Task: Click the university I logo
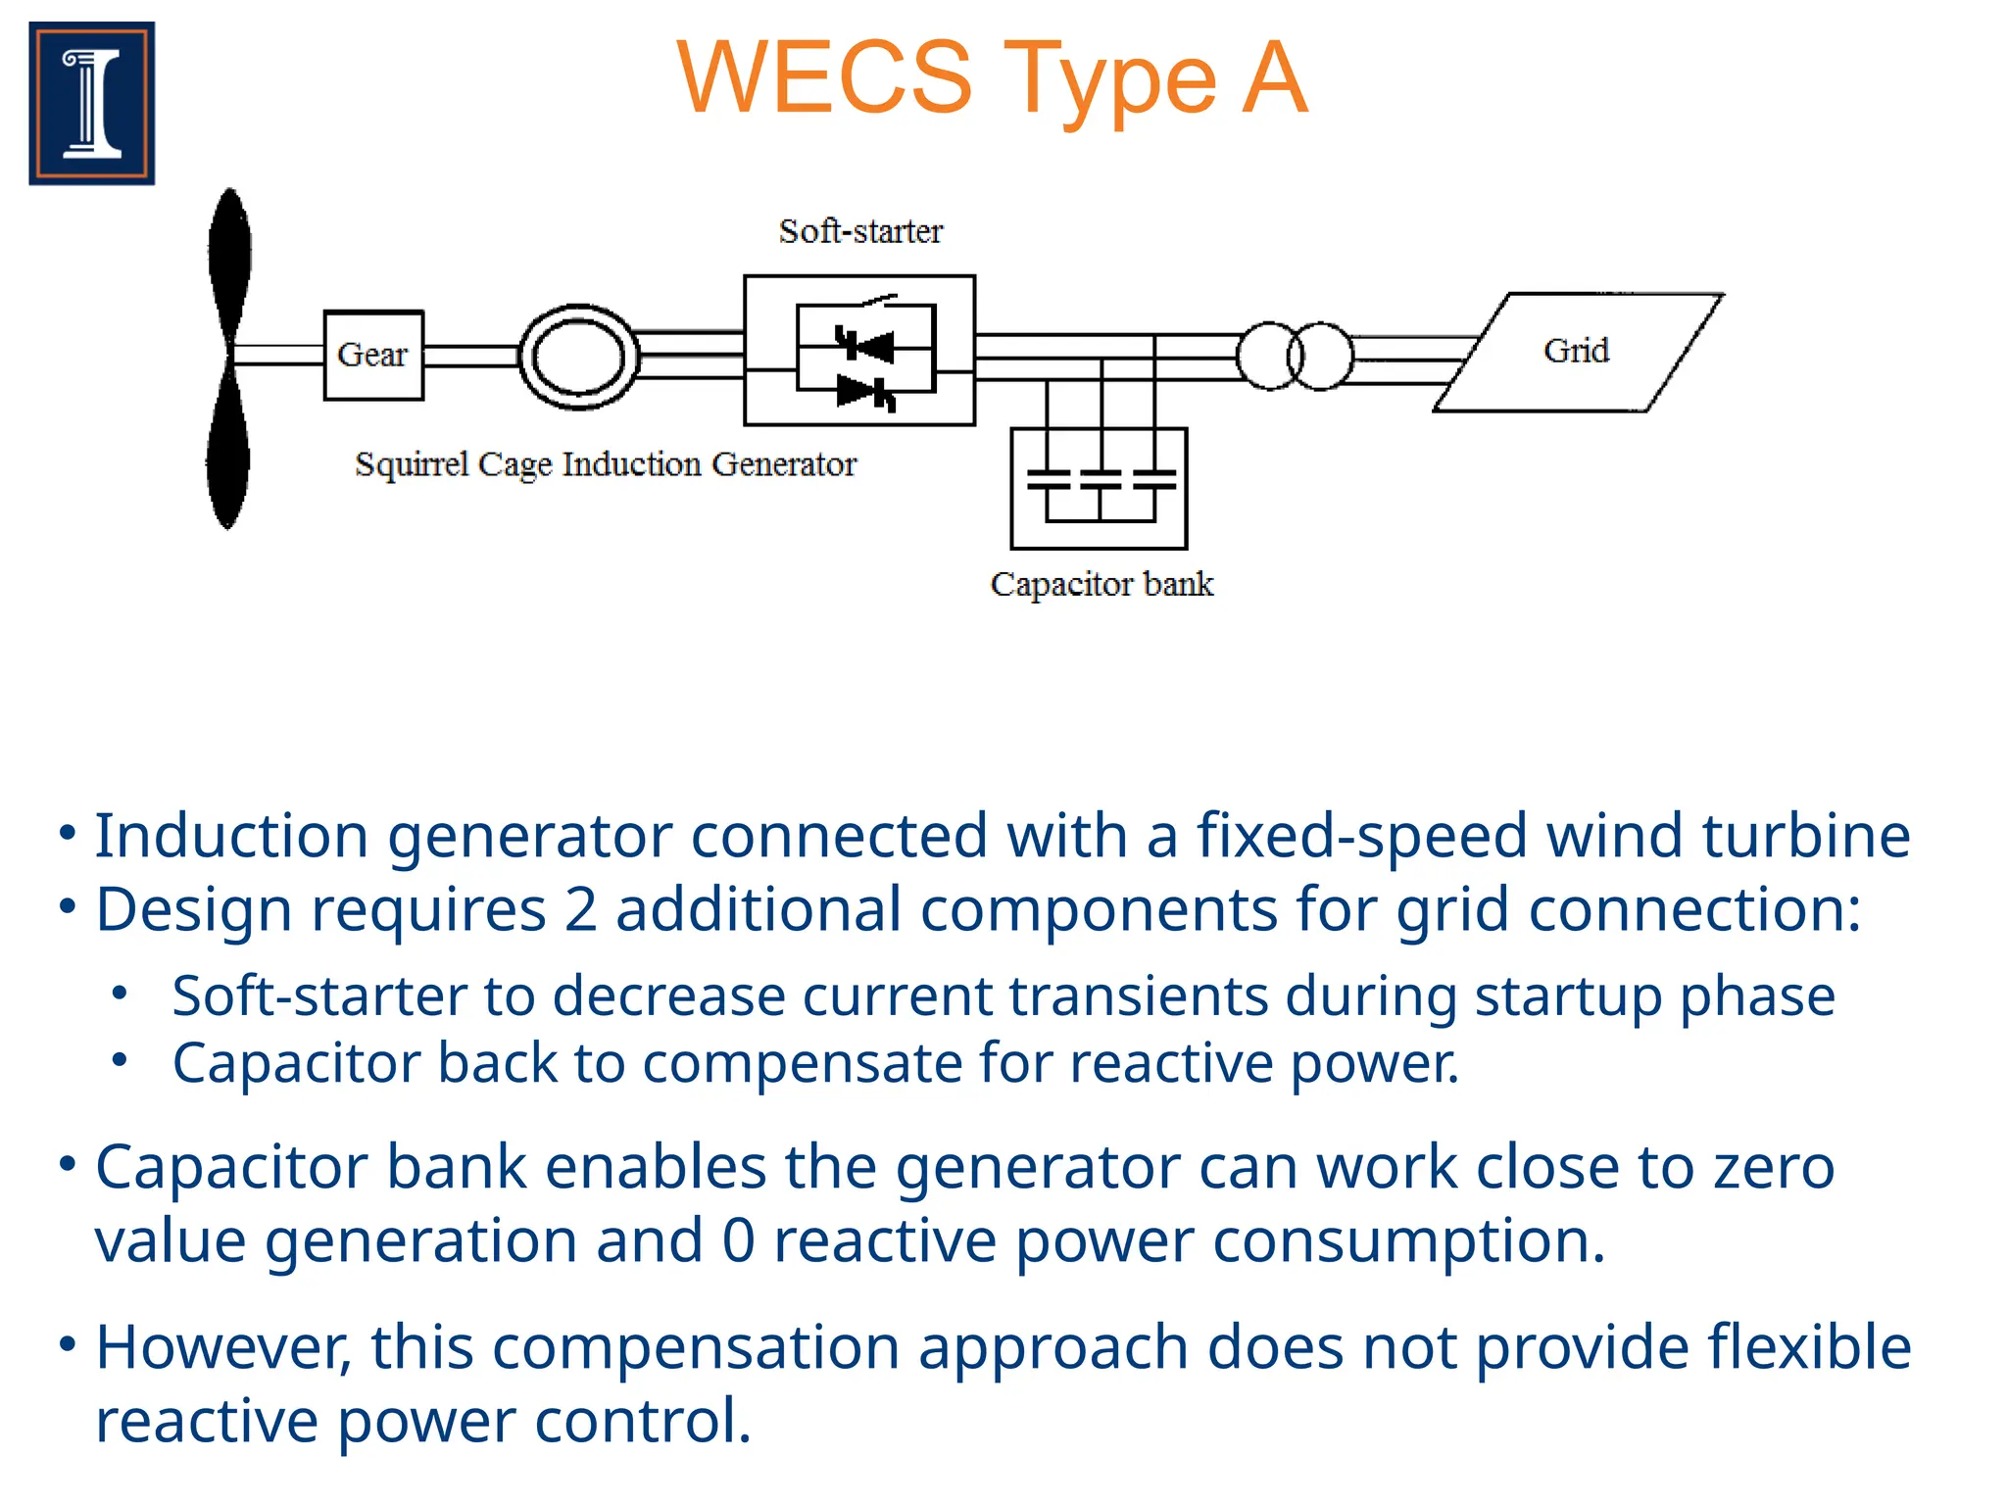(x=92, y=103)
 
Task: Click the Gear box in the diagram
(x=373, y=355)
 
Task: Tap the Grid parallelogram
(x=1577, y=352)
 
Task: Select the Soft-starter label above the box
(x=860, y=231)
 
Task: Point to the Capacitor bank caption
(x=1101, y=584)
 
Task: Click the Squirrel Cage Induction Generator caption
(x=606, y=463)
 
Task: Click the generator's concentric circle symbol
(x=578, y=357)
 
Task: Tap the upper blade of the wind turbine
(x=230, y=265)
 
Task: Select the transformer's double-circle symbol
(x=1296, y=356)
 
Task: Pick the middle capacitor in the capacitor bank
(x=1101, y=479)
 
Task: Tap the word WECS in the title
(x=824, y=78)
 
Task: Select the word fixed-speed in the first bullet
(x=1361, y=836)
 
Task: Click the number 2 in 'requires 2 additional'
(x=581, y=909)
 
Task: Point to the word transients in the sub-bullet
(x=1138, y=996)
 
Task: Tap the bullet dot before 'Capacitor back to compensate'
(x=120, y=1060)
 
